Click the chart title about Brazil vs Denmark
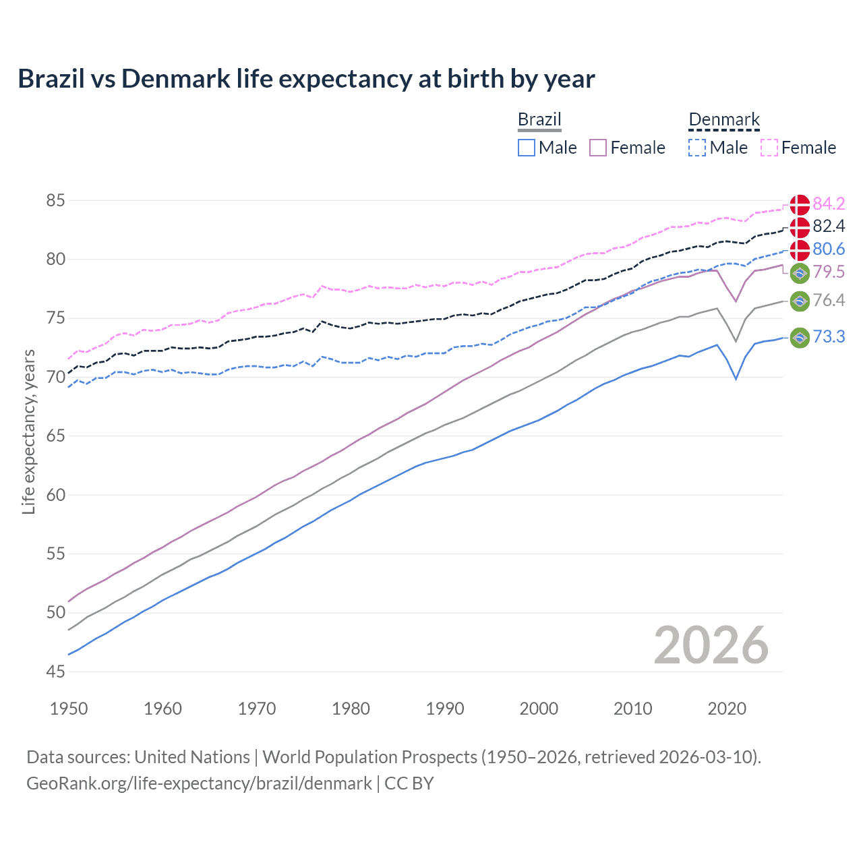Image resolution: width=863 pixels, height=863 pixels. click(x=306, y=79)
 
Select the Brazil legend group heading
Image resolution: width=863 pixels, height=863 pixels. click(x=539, y=120)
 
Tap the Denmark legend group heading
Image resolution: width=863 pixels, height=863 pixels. click(x=723, y=120)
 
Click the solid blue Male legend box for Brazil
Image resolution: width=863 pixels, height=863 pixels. click(x=527, y=148)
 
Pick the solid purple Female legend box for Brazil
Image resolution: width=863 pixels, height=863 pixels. click(x=598, y=148)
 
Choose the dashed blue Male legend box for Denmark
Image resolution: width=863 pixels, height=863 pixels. click(x=697, y=148)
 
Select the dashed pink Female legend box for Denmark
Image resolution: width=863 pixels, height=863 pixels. click(x=769, y=148)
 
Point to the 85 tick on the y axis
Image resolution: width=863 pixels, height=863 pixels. click(x=56, y=201)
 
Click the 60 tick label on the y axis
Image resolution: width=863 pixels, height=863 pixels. click(x=56, y=495)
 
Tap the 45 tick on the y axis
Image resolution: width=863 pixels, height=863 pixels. click(x=56, y=672)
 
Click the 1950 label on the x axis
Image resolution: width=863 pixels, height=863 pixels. click(x=69, y=709)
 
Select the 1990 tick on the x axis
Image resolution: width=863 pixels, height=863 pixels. click(x=445, y=709)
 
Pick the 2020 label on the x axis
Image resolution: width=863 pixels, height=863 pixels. click(x=727, y=709)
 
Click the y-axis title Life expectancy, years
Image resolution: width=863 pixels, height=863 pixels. click(x=28, y=431)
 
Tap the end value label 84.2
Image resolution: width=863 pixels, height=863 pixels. click(x=829, y=204)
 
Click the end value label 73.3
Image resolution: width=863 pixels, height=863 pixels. click(x=829, y=336)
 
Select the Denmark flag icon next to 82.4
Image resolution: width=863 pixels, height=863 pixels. click(x=800, y=227)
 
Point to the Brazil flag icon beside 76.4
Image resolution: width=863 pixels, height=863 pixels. click(x=800, y=301)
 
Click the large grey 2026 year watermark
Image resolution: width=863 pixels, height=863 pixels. click(x=711, y=645)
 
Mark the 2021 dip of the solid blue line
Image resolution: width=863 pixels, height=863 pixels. click(x=736, y=379)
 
